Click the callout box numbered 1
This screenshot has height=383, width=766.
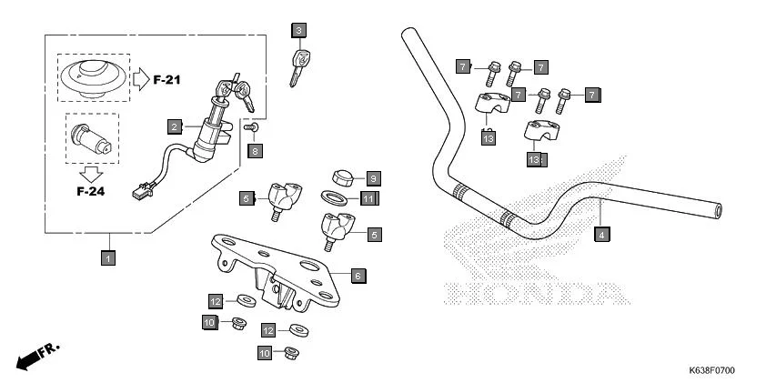tap(107, 258)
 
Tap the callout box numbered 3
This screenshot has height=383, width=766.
tap(298, 31)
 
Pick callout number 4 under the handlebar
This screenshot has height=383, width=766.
tap(602, 235)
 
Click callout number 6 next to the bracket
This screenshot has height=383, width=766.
tap(358, 275)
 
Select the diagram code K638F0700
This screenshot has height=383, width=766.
tap(711, 371)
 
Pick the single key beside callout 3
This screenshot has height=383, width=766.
tap(297, 66)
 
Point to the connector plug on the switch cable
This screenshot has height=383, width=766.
tap(140, 192)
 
